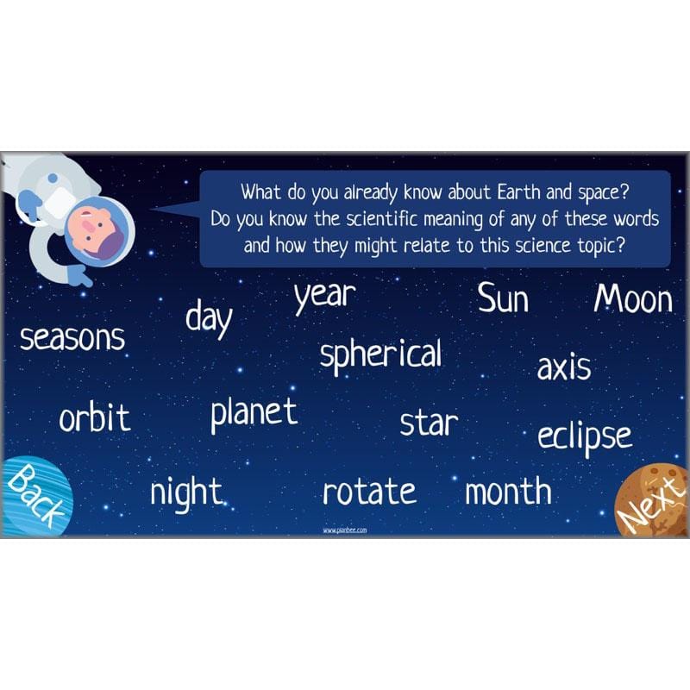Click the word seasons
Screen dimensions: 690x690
pos(72,338)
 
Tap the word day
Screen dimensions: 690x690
pos(209,318)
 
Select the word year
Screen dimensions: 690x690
pos(324,296)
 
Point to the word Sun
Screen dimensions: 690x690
pos(503,299)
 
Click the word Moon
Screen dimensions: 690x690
pos(633,299)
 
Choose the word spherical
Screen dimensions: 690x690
pos(380,354)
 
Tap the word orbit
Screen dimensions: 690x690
pos(95,419)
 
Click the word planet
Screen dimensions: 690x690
pos(254,413)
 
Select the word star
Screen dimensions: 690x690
pos(429,423)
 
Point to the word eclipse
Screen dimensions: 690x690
pos(585,436)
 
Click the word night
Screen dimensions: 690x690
pos(186,493)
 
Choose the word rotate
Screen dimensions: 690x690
pos(369,492)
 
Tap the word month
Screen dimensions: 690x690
pos(508,492)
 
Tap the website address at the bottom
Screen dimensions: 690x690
pos(345,530)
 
